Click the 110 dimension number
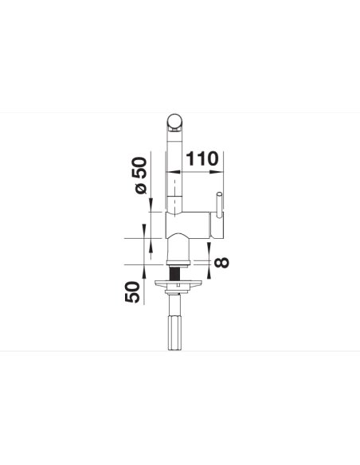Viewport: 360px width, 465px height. coord(202,158)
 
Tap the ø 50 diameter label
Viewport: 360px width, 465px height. coord(140,175)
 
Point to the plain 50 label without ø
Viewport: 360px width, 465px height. coord(132,291)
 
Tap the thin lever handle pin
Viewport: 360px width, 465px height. coord(219,205)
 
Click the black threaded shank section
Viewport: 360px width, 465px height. coord(174,274)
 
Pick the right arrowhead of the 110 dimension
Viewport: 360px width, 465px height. coord(217,172)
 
